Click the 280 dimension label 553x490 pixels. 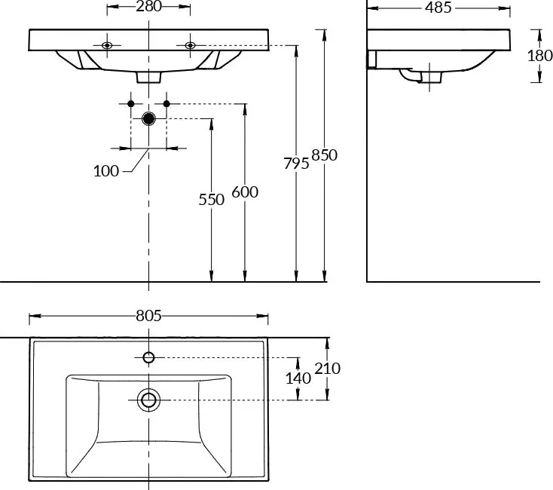click(148, 6)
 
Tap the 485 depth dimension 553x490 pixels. click(438, 8)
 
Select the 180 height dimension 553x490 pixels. click(539, 56)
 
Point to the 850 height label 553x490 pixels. click(325, 155)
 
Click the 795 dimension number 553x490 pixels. click(296, 164)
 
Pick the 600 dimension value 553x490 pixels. click(245, 192)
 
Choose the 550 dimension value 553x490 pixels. click(211, 200)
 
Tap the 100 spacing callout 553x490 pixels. click(106, 171)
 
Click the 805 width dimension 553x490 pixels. click(148, 316)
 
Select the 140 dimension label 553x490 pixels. click(298, 378)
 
